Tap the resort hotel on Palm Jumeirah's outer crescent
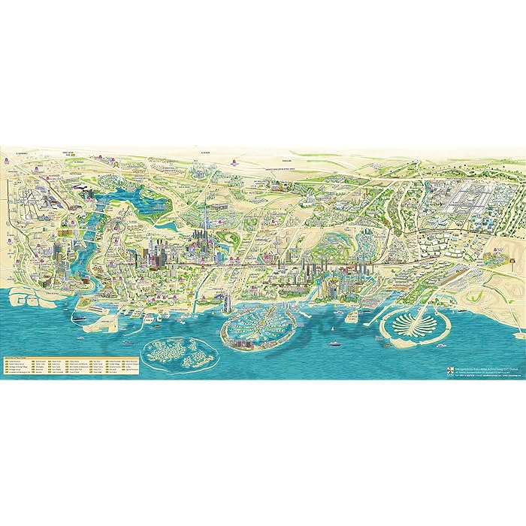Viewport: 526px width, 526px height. tap(239, 343)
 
